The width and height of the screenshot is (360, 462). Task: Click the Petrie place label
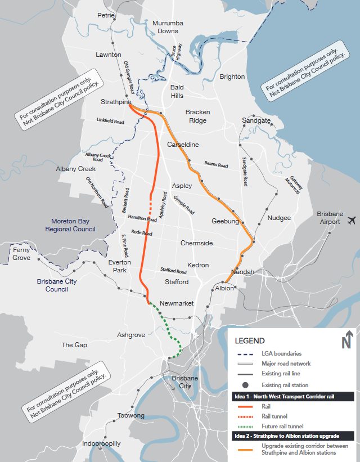pyautogui.click(x=106, y=15)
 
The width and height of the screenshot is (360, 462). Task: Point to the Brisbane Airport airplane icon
pyautogui.click(x=352, y=219)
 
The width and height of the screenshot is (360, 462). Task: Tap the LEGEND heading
pyautogui.click(x=249, y=341)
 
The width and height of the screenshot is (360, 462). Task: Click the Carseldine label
pyautogui.click(x=183, y=145)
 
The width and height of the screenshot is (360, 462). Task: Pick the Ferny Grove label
pyautogui.click(x=21, y=254)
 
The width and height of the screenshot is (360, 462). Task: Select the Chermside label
pyautogui.click(x=196, y=243)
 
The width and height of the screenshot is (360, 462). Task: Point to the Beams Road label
pyautogui.click(x=216, y=163)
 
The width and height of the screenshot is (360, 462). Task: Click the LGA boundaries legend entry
pyautogui.click(x=281, y=353)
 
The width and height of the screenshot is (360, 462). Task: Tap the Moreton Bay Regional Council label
pyautogui.click(x=73, y=225)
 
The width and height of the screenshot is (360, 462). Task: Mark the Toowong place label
pyautogui.click(x=130, y=416)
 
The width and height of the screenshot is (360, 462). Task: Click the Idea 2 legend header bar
pyautogui.click(x=293, y=436)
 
